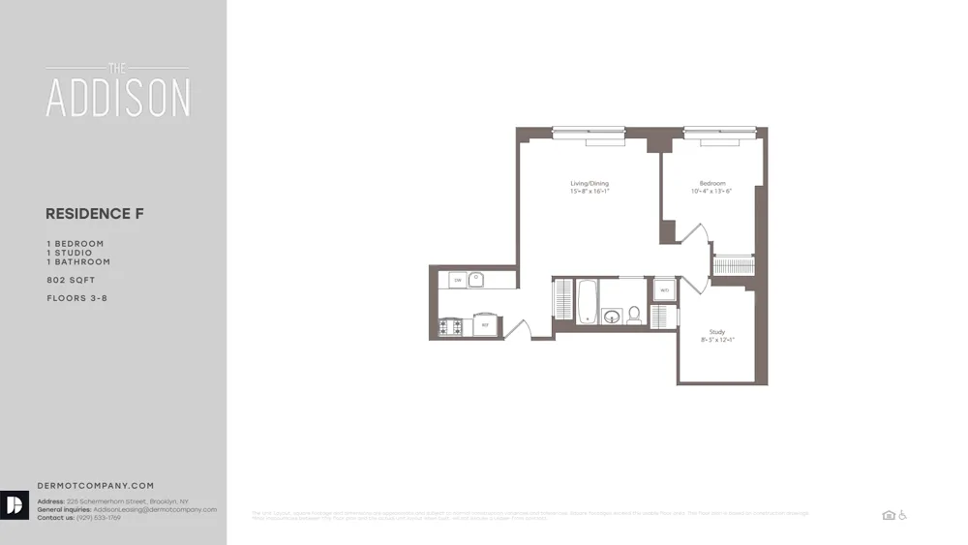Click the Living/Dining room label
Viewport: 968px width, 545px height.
[589, 183]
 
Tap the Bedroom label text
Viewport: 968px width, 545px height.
[711, 183]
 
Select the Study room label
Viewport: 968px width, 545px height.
[717, 332]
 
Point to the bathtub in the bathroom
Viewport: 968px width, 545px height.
[587, 301]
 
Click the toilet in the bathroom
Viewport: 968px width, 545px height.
[635, 314]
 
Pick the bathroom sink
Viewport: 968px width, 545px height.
[612, 316]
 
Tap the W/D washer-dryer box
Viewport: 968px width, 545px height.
[664, 289]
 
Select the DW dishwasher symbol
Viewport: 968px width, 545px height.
[456, 281]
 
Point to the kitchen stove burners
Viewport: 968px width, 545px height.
[450, 326]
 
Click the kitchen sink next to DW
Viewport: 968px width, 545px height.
[476, 280]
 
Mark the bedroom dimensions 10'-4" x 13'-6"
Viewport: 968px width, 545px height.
[711, 192]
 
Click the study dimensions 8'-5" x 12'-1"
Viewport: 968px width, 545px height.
[717, 340]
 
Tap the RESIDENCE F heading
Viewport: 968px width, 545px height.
[95, 214]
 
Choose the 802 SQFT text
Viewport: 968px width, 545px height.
[71, 280]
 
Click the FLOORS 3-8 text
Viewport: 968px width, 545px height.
[76, 298]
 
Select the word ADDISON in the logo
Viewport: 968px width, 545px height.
[118, 98]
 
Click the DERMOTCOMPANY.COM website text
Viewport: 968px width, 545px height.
[95, 486]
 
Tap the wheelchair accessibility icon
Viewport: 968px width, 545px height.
[902, 515]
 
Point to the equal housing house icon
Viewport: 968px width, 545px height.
[889, 515]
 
